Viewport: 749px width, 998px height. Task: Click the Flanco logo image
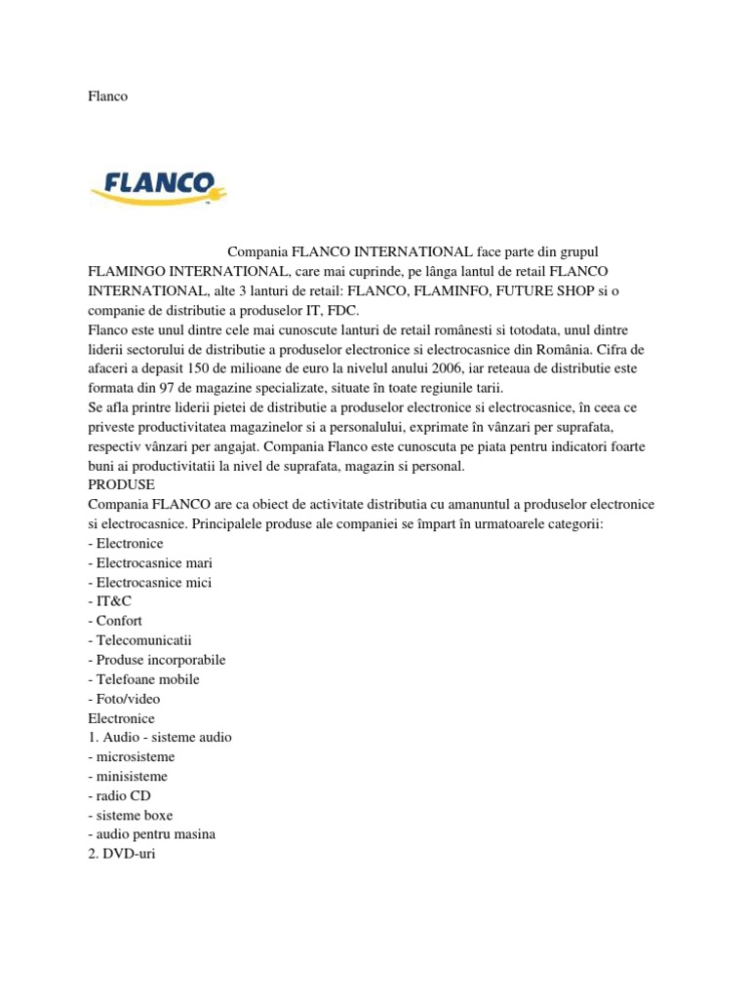click(158, 185)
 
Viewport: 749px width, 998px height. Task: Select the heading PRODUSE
click(121, 484)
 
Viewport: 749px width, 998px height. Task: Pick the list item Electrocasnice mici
click(148, 582)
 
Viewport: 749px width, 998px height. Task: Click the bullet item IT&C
click(109, 601)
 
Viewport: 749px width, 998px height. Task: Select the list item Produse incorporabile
click(156, 660)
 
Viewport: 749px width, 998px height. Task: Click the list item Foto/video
click(124, 699)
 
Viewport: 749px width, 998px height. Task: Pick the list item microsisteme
click(132, 756)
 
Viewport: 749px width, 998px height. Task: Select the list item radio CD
click(119, 795)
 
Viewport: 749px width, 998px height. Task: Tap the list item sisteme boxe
click(130, 815)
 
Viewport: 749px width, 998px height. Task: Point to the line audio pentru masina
click(151, 834)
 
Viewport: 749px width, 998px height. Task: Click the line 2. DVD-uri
click(121, 854)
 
